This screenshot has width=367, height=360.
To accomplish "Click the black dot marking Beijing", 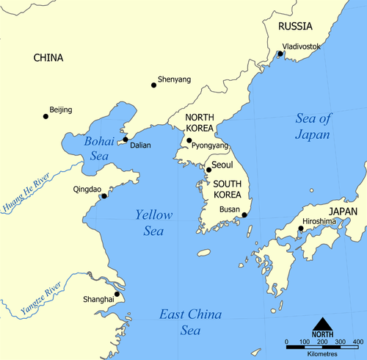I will coord(46,116).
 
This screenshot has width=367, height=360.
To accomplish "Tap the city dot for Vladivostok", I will coord(280,54).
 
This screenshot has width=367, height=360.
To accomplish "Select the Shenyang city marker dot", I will coord(153,85).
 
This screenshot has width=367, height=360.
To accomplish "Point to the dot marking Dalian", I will coord(126,139).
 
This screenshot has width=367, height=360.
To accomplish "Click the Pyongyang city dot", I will coord(189,140).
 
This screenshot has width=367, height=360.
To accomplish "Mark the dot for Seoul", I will coord(208,170).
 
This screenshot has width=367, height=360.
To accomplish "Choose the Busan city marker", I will coord(244,215).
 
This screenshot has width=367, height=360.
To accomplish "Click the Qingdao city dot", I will coord(104,195).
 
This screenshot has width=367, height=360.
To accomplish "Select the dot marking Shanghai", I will coord(117,294).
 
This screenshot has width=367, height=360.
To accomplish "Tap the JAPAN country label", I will coord(343,211).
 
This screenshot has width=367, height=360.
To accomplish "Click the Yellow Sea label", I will coord(153,223).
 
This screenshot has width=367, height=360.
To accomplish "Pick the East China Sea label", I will coord(191,323).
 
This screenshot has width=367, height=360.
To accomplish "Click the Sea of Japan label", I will coord(313,126).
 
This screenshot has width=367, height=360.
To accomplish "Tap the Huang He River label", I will coord(21,192).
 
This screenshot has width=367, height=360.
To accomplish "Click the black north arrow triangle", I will coord(322,324).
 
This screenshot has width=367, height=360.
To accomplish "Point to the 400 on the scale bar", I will coord(357,342).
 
